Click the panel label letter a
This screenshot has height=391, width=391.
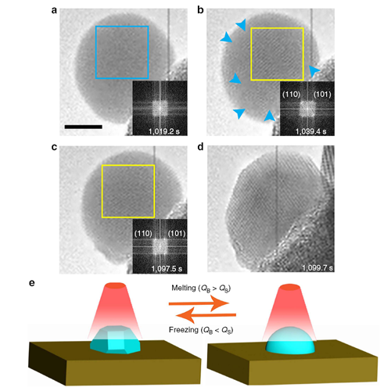(54, 11)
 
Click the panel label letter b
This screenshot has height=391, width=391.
(200, 10)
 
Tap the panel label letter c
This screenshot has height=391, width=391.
(54, 147)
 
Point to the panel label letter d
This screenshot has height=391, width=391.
(200, 147)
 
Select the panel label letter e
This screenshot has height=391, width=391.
(32, 283)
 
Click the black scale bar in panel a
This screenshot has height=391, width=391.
(84, 127)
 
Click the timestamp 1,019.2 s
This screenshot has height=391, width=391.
(164, 131)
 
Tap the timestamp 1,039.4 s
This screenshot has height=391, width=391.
(310, 131)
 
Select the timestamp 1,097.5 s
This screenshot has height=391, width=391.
(167, 268)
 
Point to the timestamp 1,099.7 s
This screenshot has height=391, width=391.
(317, 267)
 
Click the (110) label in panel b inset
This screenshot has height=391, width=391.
(291, 95)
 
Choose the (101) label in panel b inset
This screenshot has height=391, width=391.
(322, 95)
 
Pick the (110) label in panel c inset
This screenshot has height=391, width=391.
(143, 233)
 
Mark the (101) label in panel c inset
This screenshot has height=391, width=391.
(177, 233)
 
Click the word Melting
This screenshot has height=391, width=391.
(184, 288)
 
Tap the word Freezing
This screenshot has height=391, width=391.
(184, 330)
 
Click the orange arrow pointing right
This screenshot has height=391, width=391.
(199, 303)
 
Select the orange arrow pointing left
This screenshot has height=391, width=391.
(206, 315)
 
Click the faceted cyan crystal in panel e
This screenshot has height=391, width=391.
(115, 339)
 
